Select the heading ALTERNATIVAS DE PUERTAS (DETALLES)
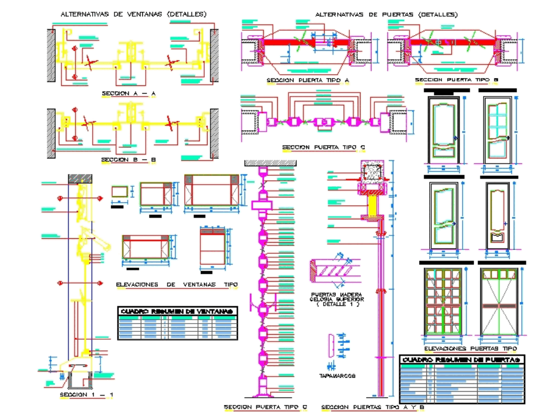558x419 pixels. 386,14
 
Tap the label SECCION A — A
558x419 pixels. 128,94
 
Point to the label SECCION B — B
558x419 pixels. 128,160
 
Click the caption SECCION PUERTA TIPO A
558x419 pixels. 307,81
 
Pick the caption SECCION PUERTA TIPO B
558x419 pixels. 456,81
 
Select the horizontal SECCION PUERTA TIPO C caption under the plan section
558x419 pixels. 323,148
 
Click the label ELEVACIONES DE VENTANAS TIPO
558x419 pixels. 177,285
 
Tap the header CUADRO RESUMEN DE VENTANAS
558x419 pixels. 177,311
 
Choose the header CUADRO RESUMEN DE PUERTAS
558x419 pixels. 463,360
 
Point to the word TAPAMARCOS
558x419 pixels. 338,377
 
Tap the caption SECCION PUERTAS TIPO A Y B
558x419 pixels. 373,407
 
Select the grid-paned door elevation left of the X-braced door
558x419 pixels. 443,302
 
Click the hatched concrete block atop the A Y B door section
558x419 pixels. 372,171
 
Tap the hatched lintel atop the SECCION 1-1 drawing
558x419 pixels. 80,178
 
